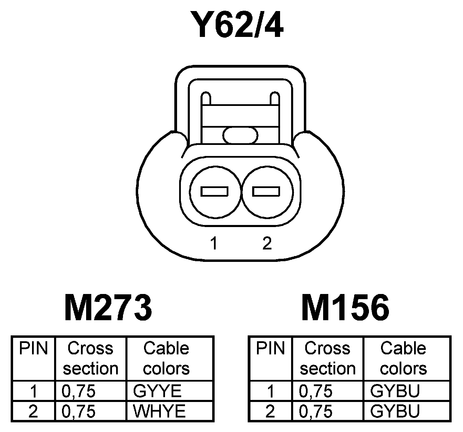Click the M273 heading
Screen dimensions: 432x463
tap(108, 308)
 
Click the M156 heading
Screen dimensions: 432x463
tap(346, 308)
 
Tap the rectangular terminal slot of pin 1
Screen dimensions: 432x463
tap(215, 191)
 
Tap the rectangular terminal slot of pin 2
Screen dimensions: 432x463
tap(266, 191)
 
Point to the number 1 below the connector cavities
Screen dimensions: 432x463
tap(214, 244)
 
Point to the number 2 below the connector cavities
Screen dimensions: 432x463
tap(267, 244)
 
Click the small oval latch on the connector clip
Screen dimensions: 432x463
tap(240, 135)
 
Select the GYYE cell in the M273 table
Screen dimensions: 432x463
tap(157, 391)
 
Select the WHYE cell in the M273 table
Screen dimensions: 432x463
tap(159, 411)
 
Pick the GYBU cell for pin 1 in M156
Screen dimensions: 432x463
tap(395, 391)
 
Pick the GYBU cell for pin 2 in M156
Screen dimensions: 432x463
tap(395, 411)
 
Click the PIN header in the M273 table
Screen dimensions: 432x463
tap(33, 348)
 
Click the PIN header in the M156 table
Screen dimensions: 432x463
tap(270, 348)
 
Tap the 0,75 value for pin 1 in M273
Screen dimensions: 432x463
tap(79, 391)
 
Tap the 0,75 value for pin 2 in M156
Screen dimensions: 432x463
tap(316, 411)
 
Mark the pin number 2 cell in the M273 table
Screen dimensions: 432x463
tap(33, 411)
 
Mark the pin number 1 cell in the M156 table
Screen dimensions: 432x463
tap(270, 391)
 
